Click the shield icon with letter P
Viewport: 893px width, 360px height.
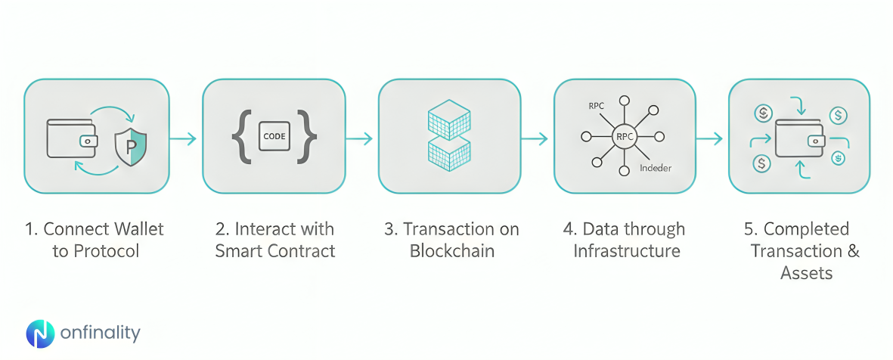tap(131, 147)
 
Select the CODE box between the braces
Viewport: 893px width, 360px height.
tap(273, 137)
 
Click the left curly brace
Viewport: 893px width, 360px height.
tap(240, 137)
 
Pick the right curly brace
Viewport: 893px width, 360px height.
tap(307, 137)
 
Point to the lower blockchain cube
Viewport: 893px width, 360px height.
tap(449, 154)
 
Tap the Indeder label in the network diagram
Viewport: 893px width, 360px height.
tap(656, 168)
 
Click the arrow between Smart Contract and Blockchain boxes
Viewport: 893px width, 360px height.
tap(361, 138)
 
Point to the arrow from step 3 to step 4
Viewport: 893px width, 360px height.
tap(536, 138)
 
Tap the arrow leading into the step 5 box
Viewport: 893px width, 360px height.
tap(711, 138)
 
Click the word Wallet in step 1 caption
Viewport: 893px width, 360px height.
tap(139, 229)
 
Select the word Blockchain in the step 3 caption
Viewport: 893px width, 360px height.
tap(452, 251)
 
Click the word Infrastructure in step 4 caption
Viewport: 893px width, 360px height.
tap(627, 251)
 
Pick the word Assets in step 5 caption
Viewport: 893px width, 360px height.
tap(806, 273)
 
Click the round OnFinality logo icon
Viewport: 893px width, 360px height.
tap(40, 334)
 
